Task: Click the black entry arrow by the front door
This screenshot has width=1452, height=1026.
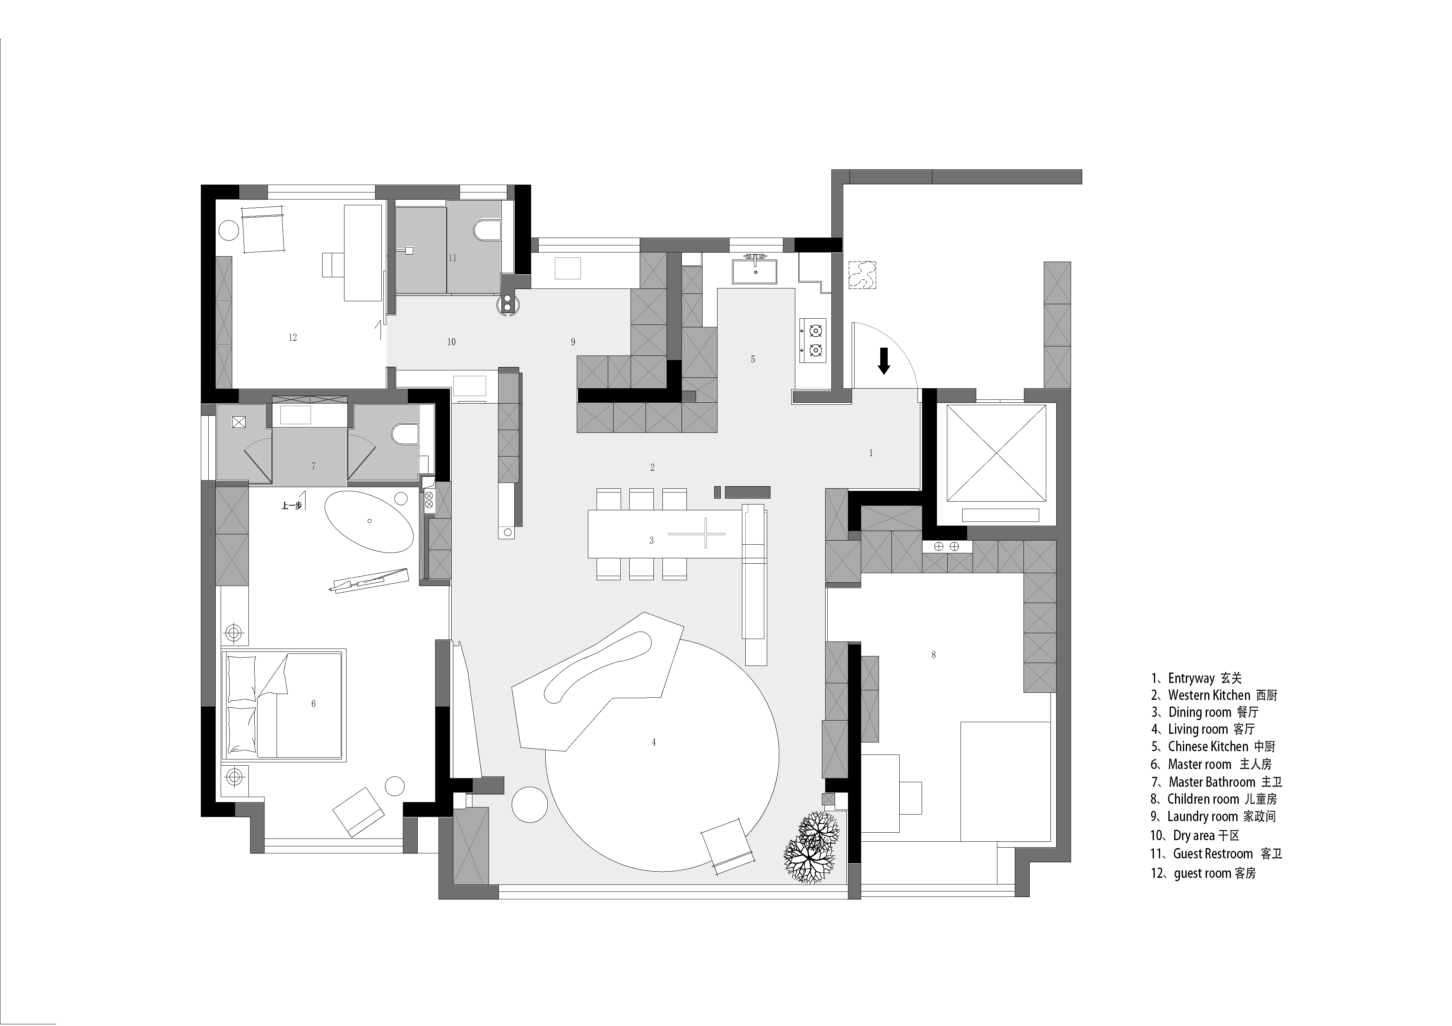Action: pyautogui.click(x=884, y=360)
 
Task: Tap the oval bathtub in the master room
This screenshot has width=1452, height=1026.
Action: pyautogui.click(x=369, y=521)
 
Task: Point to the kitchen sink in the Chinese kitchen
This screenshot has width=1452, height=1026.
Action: pyautogui.click(x=756, y=271)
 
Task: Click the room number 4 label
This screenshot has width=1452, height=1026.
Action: pyautogui.click(x=653, y=742)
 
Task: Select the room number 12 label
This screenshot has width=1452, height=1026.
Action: pyautogui.click(x=293, y=338)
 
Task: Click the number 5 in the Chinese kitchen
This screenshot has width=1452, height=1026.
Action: pyautogui.click(x=753, y=359)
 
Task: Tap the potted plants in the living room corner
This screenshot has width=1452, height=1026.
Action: pyautogui.click(x=813, y=849)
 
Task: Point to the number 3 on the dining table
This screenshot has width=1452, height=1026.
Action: pyautogui.click(x=651, y=541)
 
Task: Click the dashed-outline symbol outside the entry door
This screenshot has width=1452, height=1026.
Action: pyautogui.click(x=862, y=275)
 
